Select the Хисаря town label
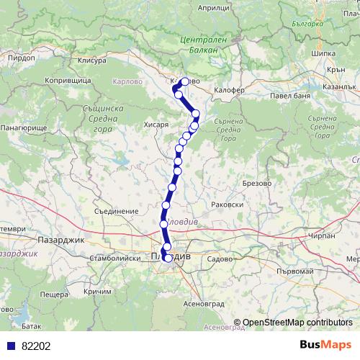click(x=156, y=125)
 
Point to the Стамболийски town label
click(x=113, y=257)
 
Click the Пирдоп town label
click(x=16, y=55)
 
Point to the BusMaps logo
click(x=325, y=344)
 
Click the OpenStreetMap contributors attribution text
click(x=297, y=322)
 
